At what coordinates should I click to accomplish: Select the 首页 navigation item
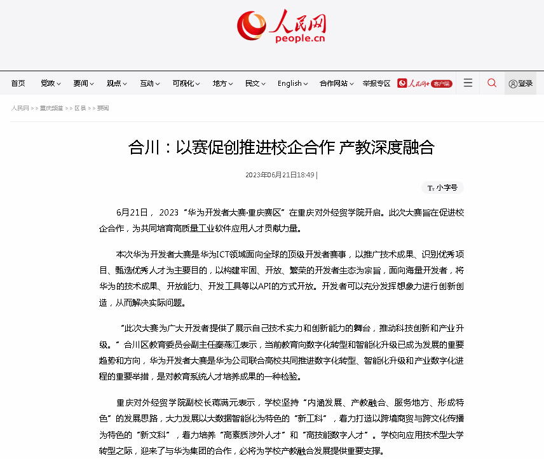[x=18, y=83]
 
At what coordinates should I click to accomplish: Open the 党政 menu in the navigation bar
[x=51, y=83]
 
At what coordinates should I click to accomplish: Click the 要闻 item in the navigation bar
[x=83, y=83]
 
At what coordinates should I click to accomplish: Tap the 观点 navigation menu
[x=117, y=83]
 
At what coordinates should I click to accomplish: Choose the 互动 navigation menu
[x=150, y=83]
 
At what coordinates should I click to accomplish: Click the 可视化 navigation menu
[x=186, y=83]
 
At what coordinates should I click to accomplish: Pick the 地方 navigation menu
[x=222, y=83]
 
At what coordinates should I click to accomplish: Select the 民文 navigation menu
[x=255, y=83]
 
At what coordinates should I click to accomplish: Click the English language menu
[x=293, y=83]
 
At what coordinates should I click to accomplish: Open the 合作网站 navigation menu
[x=337, y=83]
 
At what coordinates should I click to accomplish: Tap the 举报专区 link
[x=376, y=83]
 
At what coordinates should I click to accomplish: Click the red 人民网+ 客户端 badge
[x=425, y=83]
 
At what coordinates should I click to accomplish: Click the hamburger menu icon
[x=468, y=83]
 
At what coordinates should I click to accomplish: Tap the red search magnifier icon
[x=492, y=83]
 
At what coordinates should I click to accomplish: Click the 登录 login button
[x=520, y=83]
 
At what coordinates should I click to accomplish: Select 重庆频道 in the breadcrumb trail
[x=51, y=108]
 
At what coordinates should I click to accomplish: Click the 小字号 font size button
[x=442, y=188]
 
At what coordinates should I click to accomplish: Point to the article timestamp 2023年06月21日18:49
[x=280, y=175]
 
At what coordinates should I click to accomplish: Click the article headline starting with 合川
[x=282, y=148]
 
